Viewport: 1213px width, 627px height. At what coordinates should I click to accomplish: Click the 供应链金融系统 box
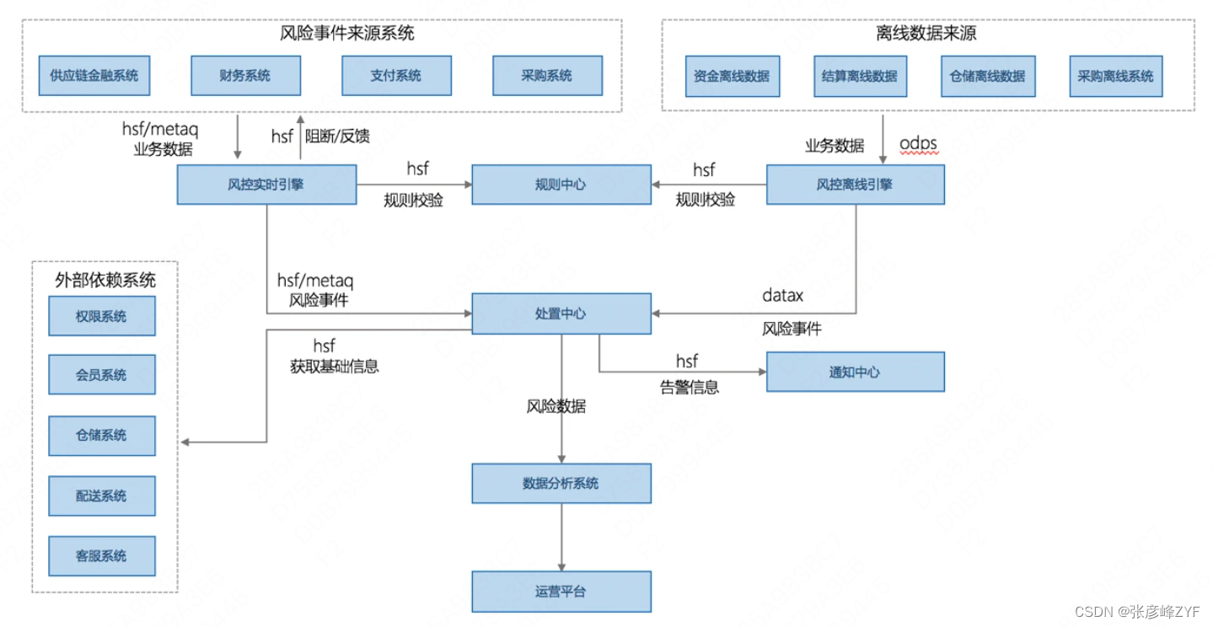point(94,76)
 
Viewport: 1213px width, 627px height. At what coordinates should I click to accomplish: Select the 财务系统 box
point(246,76)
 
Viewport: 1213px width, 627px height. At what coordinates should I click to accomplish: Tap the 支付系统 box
point(396,76)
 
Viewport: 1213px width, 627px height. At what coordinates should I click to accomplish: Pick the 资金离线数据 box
point(733,77)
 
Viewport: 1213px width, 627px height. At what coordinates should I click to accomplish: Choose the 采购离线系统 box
point(1115,77)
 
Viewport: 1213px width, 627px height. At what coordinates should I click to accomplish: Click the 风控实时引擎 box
point(266,185)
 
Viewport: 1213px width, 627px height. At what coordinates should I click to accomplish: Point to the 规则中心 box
point(561,185)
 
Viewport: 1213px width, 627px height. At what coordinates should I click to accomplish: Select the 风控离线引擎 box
point(855,185)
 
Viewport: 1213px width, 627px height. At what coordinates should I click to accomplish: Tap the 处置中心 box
point(561,313)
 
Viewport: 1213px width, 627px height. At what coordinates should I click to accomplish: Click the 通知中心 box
point(855,372)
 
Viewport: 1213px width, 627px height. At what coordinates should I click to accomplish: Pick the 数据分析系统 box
point(561,484)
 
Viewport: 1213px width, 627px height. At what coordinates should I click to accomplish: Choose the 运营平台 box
point(561,592)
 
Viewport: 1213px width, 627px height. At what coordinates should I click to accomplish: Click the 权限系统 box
point(102,316)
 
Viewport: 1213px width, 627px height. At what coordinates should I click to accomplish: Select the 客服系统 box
point(102,556)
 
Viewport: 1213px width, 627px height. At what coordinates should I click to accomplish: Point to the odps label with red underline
point(919,144)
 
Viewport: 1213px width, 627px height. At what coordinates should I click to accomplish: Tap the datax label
point(782,296)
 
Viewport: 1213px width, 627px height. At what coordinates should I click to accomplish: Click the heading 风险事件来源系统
point(346,33)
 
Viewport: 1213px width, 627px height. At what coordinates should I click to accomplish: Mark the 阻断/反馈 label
point(337,136)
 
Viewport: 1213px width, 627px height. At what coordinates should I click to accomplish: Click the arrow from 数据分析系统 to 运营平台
point(561,537)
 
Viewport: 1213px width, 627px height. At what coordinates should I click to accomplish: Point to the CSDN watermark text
point(1137,612)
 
